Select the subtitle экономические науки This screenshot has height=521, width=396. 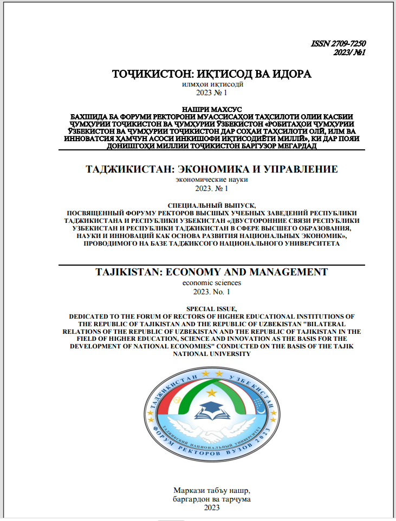(212, 180)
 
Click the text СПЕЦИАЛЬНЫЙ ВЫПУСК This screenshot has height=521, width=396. (212, 206)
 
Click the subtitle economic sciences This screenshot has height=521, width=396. (212, 282)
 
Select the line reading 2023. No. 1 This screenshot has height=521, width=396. (212, 292)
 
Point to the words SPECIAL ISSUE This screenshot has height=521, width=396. (212, 307)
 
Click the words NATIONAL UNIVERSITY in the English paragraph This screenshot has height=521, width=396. (212, 354)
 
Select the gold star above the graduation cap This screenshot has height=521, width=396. (212, 391)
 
